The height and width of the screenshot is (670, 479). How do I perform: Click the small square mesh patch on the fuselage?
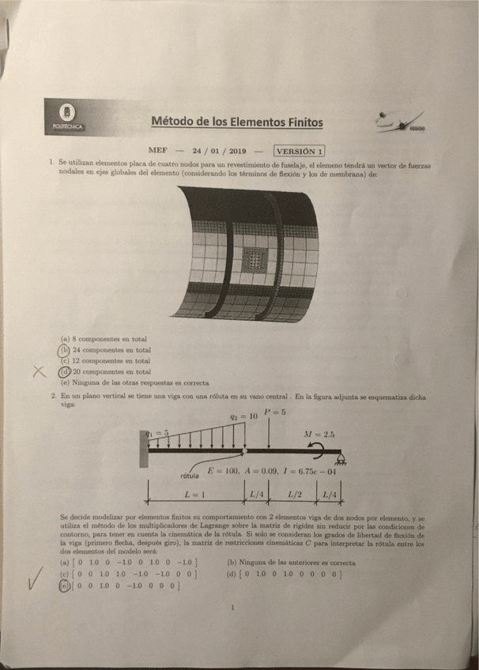coord(255,258)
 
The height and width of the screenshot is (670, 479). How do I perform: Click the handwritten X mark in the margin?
coord(38,372)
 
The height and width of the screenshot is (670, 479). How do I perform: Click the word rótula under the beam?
coord(190,476)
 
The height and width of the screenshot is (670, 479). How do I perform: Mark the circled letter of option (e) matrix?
coord(65,585)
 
